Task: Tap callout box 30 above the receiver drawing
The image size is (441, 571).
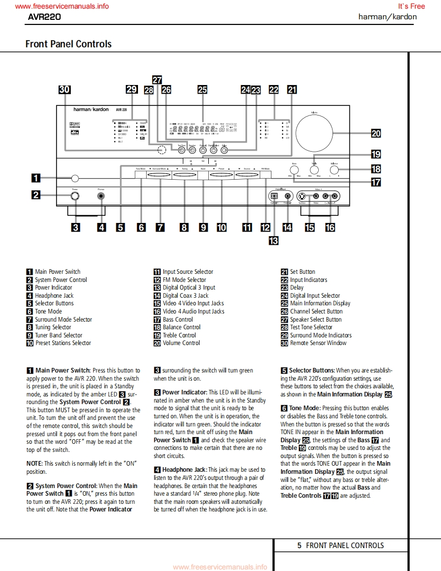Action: tap(64, 90)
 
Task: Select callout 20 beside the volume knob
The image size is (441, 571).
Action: tap(376, 133)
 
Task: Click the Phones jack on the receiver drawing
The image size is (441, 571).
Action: tap(101, 196)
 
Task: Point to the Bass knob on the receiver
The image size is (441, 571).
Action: tap(294, 169)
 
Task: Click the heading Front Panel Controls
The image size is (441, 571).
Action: tap(68, 44)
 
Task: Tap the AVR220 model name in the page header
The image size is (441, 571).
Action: tap(44, 17)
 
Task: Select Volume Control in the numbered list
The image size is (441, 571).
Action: tap(181, 343)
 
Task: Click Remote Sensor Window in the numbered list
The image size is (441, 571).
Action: tap(318, 343)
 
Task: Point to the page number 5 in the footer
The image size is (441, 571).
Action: tap(299, 546)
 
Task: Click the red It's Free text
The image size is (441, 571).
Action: tap(411, 6)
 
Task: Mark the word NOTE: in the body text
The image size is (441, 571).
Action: tap(35, 464)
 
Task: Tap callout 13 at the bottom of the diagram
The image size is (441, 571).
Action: tap(274, 240)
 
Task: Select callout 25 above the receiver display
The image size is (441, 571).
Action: tap(202, 90)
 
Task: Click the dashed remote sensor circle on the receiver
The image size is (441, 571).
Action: tap(162, 150)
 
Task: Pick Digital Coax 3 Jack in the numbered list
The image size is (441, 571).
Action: tap(185, 296)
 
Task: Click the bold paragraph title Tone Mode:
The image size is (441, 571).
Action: tap(305, 408)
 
